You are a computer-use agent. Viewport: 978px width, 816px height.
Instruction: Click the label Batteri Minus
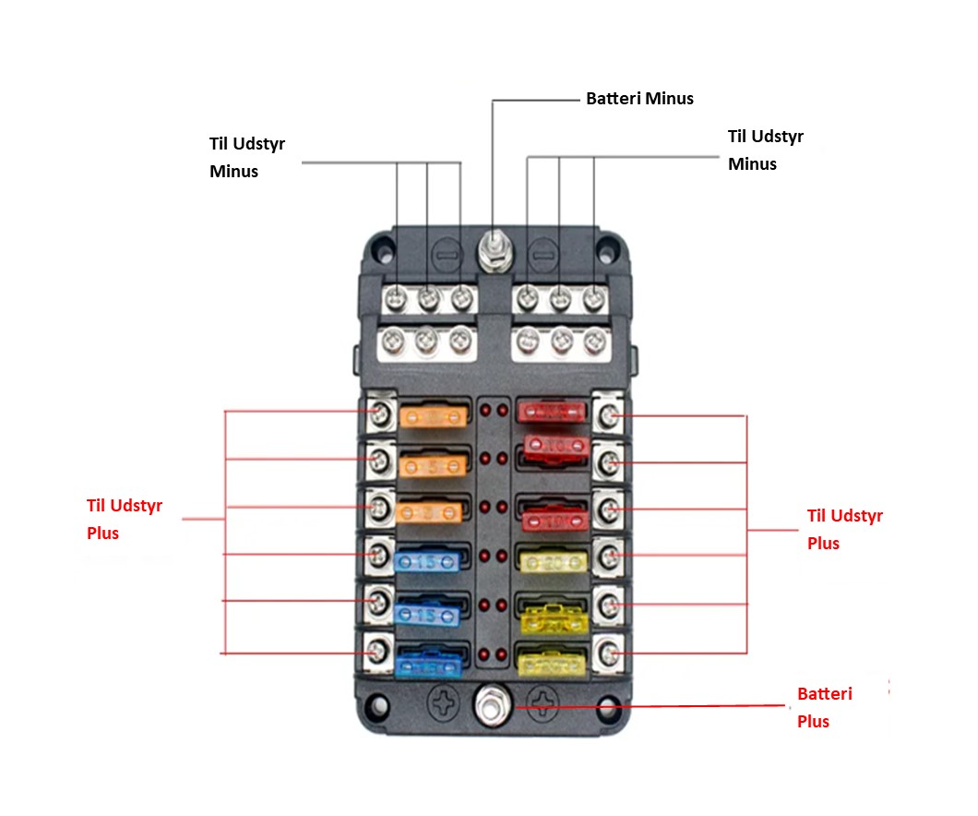[639, 98]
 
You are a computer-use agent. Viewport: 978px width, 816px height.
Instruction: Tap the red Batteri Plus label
[823, 707]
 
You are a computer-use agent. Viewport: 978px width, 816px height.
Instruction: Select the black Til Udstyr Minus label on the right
[765, 150]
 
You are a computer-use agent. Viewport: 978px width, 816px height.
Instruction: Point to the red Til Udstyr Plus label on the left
[124, 519]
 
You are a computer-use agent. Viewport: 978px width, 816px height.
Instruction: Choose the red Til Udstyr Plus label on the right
[844, 529]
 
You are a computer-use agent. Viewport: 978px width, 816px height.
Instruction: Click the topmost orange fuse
[430, 416]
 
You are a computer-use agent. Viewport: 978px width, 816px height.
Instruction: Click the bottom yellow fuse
[552, 661]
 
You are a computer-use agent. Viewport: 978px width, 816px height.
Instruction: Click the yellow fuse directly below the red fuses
[552, 561]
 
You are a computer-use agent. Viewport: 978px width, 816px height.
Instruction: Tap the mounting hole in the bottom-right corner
[606, 708]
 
